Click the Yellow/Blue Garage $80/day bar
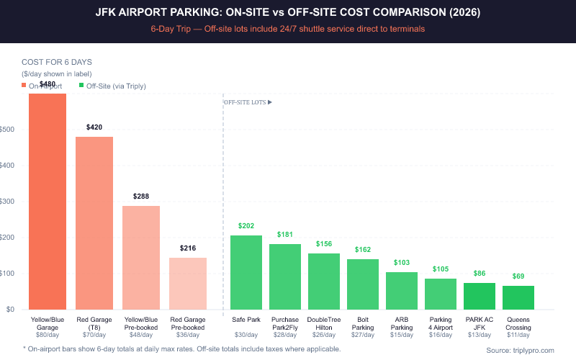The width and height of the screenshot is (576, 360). [48, 202]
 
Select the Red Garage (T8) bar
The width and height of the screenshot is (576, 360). [94, 223]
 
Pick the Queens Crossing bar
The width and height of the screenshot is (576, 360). [518, 297]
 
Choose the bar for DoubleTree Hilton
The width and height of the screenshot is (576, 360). [323, 282]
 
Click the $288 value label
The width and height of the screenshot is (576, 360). [141, 196]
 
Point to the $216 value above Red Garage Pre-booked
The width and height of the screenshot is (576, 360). [188, 248]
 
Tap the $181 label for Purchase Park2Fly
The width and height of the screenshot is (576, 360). [284, 234]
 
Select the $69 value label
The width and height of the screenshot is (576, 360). [518, 276]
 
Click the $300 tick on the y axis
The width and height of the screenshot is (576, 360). [9, 202]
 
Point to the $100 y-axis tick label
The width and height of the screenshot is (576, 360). [9, 274]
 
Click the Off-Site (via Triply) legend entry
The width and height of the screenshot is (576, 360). [116, 86]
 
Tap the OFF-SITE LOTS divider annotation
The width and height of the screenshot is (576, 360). [248, 102]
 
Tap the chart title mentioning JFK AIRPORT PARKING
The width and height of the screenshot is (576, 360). [288, 12]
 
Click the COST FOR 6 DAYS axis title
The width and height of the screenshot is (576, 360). [56, 62]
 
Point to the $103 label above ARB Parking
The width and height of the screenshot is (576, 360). [401, 263]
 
